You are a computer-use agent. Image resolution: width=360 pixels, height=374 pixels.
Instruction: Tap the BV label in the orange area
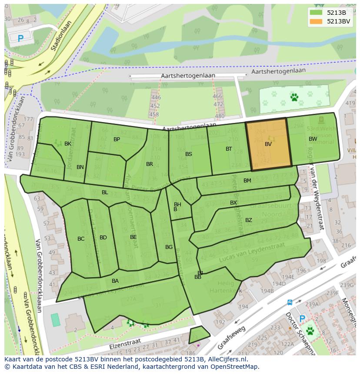268,144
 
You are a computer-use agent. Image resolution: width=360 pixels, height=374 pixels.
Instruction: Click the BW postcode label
313,139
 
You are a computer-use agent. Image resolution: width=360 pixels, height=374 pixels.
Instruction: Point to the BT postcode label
229,149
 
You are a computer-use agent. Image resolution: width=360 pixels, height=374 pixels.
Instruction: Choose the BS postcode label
189,154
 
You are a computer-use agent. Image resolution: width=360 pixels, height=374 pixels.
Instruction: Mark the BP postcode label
117,139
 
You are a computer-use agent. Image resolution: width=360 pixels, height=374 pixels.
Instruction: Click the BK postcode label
68,144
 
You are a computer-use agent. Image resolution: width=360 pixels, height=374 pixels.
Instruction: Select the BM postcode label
247,181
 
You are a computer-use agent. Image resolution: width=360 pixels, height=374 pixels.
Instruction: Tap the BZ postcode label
248,220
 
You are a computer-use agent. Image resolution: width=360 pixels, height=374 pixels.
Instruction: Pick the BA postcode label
115,281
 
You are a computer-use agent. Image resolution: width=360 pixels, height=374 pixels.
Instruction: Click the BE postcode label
133,237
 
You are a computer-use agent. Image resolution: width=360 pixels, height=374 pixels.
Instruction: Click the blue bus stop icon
290,302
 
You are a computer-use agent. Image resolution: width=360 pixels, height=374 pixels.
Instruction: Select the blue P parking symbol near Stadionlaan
20,39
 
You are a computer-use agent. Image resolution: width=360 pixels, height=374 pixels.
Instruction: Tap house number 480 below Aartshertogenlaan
220,116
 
